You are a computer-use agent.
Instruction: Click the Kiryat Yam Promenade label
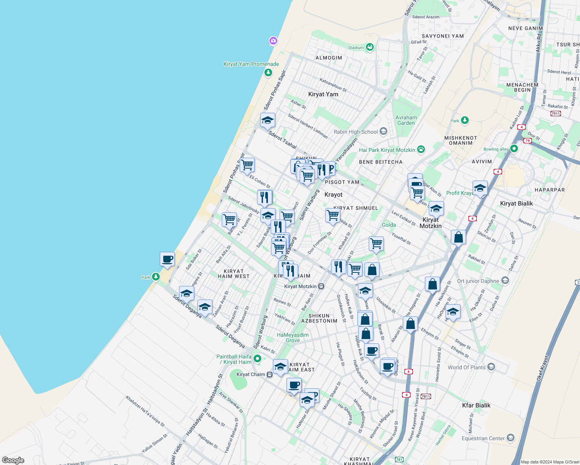[251, 64]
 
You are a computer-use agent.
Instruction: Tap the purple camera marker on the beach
[273, 41]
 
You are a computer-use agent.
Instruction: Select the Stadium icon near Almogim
[369, 47]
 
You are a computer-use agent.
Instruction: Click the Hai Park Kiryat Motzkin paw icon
[421, 149]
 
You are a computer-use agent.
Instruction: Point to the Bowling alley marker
[514, 148]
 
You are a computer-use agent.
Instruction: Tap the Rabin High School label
[356, 132]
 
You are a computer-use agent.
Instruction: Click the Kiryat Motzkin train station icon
[321, 286]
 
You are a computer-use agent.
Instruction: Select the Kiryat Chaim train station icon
[269, 374]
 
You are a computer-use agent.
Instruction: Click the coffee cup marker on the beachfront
[167, 259]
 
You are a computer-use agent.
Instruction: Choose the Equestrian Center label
[483, 438]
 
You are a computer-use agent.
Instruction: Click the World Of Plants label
[466, 367]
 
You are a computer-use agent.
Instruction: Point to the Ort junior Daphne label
[478, 281]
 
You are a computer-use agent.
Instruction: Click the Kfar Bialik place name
[476, 405]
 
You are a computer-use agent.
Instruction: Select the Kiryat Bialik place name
[516, 203]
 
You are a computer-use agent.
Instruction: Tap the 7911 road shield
[556, 114]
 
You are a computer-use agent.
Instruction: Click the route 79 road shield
[527, 140]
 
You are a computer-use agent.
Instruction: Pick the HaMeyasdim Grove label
[293, 338]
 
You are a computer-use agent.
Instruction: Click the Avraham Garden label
[406, 120]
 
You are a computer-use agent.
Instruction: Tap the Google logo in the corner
[13, 460]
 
